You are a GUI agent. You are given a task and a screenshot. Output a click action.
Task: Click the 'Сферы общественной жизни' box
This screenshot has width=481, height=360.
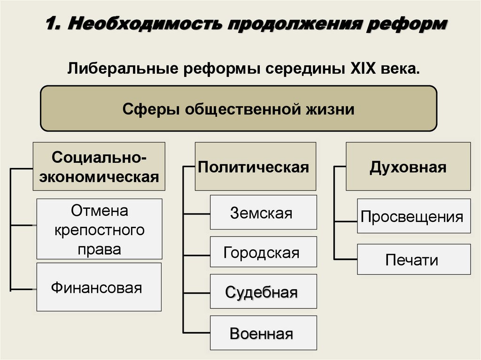(x=239, y=109)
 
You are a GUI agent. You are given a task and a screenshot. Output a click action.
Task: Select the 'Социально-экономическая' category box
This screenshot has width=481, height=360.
(x=99, y=166)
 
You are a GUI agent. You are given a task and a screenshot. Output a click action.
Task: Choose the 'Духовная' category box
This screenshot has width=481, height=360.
(x=408, y=166)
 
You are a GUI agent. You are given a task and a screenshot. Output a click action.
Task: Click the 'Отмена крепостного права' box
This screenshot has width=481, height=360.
(x=99, y=229)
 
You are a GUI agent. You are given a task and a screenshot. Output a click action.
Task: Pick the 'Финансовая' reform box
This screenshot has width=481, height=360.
(x=99, y=287)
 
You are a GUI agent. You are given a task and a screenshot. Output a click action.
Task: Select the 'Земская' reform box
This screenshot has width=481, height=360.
(x=263, y=213)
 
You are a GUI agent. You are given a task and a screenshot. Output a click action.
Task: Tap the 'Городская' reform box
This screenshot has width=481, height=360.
(x=263, y=253)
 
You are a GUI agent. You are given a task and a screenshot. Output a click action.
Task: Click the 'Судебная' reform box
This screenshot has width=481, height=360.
(x=263, y=292)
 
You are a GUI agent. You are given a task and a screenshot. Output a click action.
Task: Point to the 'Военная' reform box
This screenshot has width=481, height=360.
(x=263, y=333)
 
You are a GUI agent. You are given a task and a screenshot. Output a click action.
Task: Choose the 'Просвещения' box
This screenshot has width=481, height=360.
(x=413, y=216)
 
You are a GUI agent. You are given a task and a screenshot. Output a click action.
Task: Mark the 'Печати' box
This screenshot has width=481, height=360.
(x=413, y=260)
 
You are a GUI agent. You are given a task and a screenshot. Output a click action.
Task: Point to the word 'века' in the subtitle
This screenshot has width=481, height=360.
(x=402, y=69)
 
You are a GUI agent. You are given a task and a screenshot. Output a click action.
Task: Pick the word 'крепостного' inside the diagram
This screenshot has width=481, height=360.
(x=99, y=230)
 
